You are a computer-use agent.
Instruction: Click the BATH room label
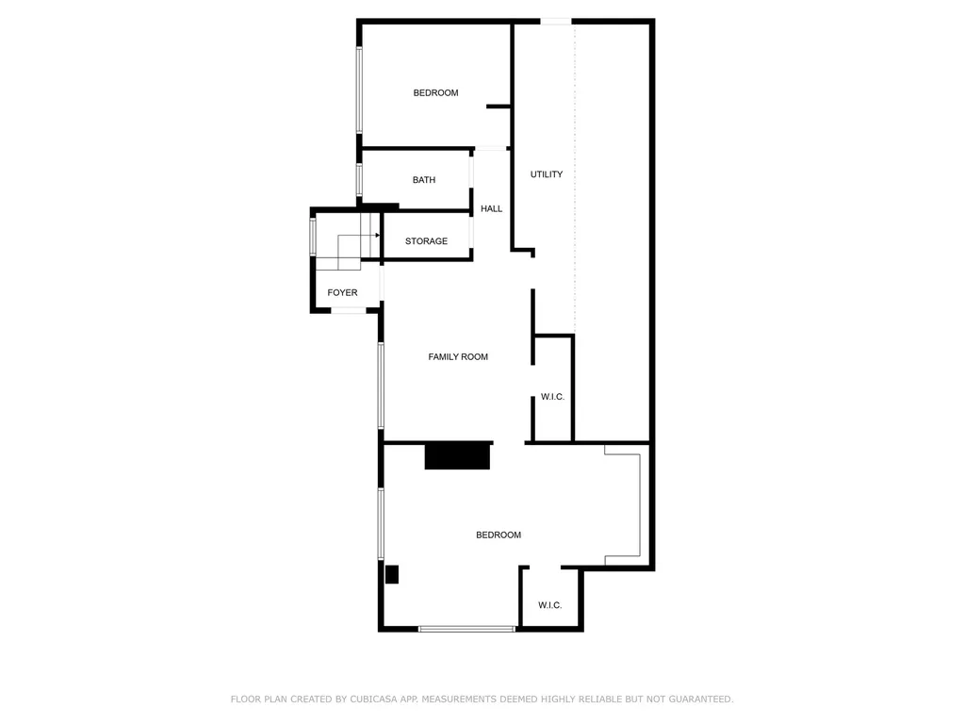(424, 180)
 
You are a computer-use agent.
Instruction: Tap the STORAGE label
(426, 241)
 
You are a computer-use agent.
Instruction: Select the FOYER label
(342, 293)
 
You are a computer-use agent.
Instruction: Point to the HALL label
(491, 208)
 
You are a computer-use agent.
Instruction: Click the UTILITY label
(547, 174)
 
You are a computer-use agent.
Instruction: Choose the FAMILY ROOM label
(458, 356)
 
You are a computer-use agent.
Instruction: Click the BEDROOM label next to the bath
(435, 92)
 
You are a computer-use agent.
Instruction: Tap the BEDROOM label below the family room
(498, 535)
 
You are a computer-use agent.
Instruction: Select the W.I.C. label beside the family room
(552, 397)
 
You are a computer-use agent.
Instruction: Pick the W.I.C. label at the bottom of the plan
(550, 605)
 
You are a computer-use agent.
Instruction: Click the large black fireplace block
(458, 455)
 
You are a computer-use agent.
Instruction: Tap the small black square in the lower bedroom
(392, 574)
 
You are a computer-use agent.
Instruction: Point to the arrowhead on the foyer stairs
(377, 235)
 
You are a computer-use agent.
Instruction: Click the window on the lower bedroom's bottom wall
(466, 628)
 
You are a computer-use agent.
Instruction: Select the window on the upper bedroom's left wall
(359, 90)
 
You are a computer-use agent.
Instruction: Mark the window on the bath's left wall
(359, 179)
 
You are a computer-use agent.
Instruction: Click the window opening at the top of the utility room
(556, 22)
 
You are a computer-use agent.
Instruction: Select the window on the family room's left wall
(381, 386)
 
